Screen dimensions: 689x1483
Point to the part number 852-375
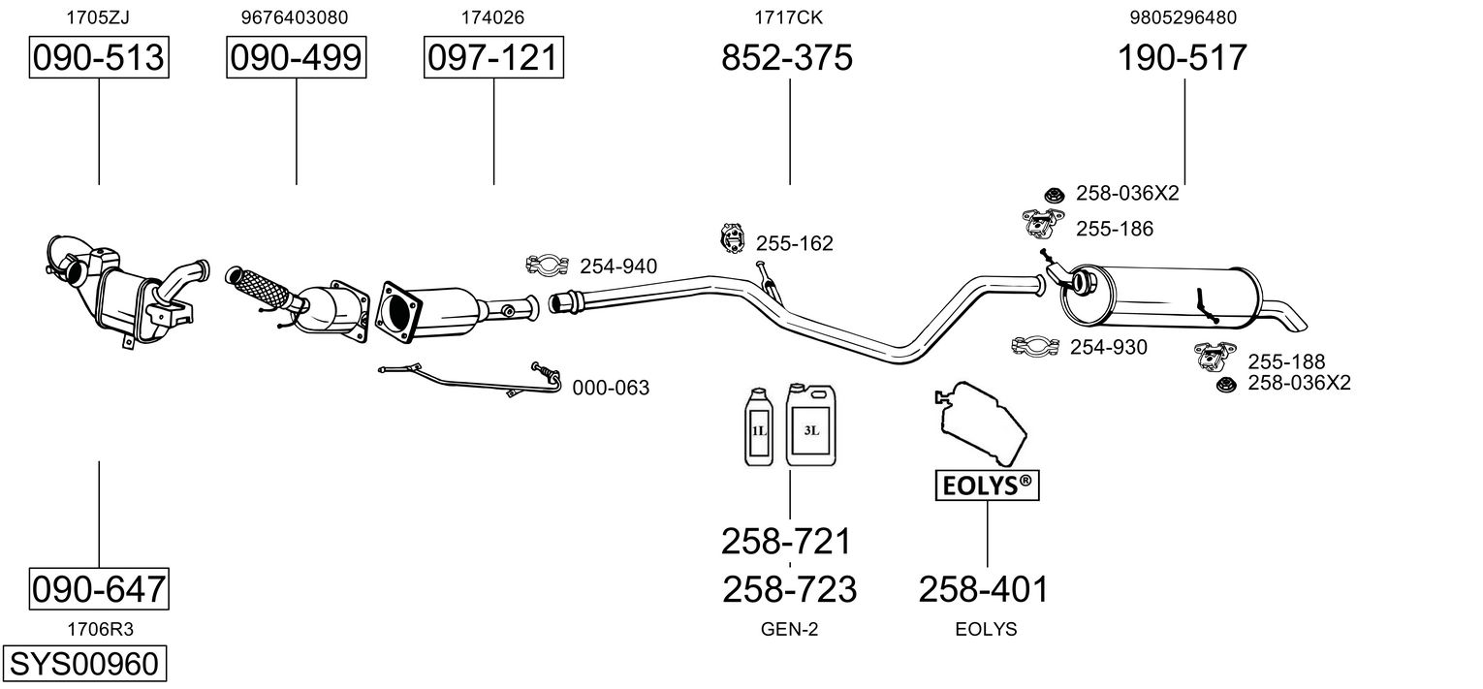tap(787, 58)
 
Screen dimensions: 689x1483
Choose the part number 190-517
tap(1183, 58)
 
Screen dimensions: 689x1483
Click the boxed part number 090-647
tap(99, 588)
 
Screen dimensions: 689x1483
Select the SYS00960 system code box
tap(83, 666)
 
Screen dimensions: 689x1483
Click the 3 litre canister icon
tap(810, 425)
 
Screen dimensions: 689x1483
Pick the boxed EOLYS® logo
tap(987, 485)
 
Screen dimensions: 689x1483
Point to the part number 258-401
tap(984, 588)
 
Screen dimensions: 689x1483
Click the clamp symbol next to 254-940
tap(547, 265)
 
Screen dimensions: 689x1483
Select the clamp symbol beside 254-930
tap(1035, 346)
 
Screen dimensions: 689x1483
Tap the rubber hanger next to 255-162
tap(731, 236)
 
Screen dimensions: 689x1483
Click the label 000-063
tap(611, 388)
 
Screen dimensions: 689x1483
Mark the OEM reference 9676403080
tap(295, 17)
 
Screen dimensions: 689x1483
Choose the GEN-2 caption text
tap(790, 629)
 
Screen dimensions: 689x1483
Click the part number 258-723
tap(790, 588)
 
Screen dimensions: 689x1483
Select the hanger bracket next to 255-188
tap(1216, 356)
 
